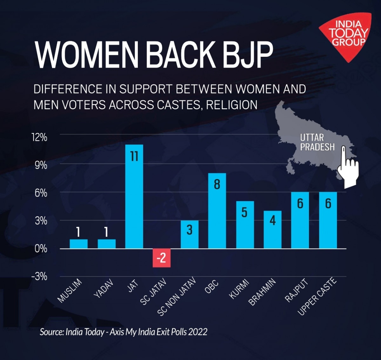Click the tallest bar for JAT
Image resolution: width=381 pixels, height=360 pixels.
tap(134, 197)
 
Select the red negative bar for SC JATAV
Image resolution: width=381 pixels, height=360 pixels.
tap(162, 258)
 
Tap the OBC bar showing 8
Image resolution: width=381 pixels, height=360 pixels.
tap(217, 211)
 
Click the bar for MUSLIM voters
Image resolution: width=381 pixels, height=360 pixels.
tap(78, 244)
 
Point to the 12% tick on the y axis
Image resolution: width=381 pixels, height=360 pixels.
tap(40, 137)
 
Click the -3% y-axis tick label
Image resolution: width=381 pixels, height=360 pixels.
tap(39, 276)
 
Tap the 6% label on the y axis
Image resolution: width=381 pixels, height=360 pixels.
tap(41, 193)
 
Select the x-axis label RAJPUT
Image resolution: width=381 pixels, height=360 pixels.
tap(297, 290)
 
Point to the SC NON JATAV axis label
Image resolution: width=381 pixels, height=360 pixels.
tap(177, 297)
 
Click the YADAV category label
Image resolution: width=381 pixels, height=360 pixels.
tap(104, 289)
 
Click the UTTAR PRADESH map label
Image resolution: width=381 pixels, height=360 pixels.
tap(317, 142)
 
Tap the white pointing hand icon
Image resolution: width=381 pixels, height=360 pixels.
tap(348, 167)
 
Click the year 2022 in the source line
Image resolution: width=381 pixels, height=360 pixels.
tap(197, 332)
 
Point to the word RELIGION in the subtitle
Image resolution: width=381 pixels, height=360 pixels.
tap(232, 105)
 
